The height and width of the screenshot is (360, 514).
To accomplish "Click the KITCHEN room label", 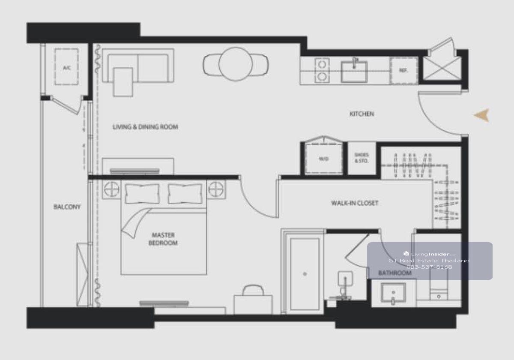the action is tap(362, 114).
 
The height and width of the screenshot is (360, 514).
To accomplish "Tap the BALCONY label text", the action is tap(67, 207).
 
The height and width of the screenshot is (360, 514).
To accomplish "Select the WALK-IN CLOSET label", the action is tap(355, 203).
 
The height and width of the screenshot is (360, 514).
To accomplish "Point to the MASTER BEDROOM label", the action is tap(163, 239).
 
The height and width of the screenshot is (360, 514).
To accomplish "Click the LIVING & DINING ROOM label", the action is tap(146, 127).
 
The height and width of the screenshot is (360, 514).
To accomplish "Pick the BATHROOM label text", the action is tap(394, 273).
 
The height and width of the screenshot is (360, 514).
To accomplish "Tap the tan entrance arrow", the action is tap(482, 115).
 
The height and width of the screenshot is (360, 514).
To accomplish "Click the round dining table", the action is tap(236, 64).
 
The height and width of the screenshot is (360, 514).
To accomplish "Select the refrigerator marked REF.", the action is tap(403, 70).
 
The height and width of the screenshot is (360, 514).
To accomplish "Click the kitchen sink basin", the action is tap(354, 72).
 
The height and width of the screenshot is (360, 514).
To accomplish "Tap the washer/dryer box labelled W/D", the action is tap(323, 159).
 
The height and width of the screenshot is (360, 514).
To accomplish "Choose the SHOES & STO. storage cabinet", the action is tap(362, 158).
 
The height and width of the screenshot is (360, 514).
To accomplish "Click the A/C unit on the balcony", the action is tap(66, 67).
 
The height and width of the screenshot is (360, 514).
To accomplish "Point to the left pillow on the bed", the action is tap(142, 194).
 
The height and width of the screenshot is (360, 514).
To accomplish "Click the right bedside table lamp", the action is tap(216, 189).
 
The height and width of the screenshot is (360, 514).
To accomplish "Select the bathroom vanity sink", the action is tap(393, 292).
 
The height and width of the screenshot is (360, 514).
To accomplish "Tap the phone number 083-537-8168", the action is tap(429, 267).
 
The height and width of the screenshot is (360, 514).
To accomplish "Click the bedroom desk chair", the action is tap(253, 290).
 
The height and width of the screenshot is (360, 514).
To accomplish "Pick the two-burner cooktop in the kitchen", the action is tap(322, 70).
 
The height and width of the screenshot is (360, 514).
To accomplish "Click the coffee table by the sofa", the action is tap(123, 82).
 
